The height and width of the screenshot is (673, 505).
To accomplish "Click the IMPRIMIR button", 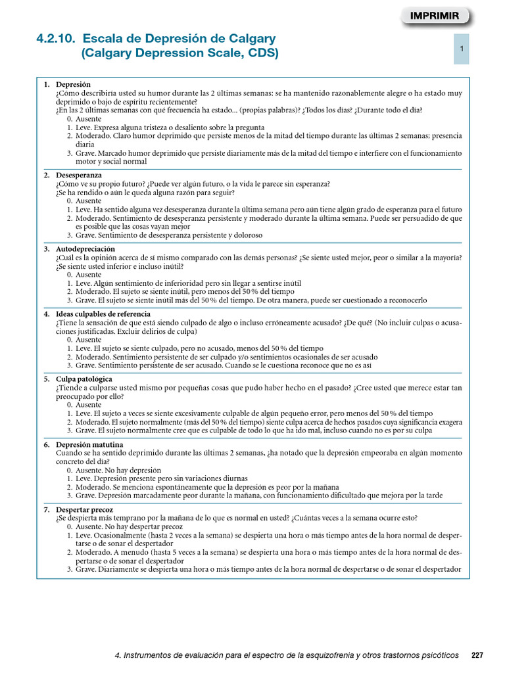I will tap(435, 16).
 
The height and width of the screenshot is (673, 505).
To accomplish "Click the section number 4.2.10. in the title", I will tap(57, 39).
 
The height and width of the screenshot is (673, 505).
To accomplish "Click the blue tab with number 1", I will tap(462, 49).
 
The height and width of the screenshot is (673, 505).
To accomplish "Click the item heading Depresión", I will tap(74, 85).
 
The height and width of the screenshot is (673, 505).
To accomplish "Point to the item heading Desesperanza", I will tap(79, 175).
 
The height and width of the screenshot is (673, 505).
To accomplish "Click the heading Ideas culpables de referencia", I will tap(103, 314).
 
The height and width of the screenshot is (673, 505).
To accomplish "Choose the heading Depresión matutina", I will tap(87, 445).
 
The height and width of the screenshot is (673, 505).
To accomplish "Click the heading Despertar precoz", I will tap(84, 509).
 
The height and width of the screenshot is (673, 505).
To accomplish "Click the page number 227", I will tap(477, 655).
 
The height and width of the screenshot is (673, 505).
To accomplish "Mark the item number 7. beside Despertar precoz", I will tap(47, 509).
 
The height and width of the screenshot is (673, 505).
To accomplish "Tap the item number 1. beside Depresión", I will tap(47, 85).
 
